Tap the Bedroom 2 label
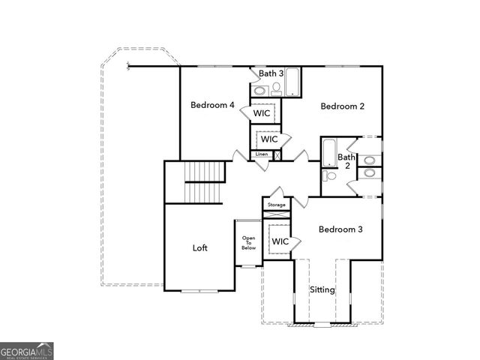tap(342, 106)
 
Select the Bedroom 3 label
tap(340, 229)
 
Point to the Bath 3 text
tap(271, 73)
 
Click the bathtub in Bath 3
tap(292, 82)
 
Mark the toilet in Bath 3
tap(275, 88)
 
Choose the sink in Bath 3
tap(259, 90)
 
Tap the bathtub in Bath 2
tap(328, 152)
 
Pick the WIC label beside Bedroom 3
tap(280, 241)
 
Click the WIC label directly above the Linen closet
tap(269, 139)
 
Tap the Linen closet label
tap(261, 154)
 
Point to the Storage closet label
tap(276, 204)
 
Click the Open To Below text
tap(248, 242)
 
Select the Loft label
tap(199, 247)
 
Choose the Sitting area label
tap(322, 289)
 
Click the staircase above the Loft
tap(205, 181)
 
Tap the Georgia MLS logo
tap(26, 350)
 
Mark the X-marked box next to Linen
tap(277, 155)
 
